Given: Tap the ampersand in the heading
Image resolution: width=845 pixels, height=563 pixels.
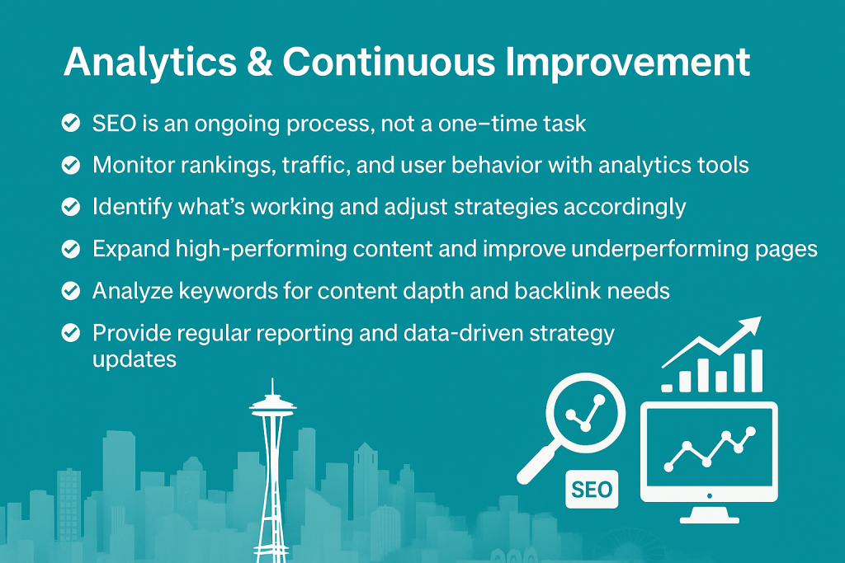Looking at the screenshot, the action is (x=260, y=61).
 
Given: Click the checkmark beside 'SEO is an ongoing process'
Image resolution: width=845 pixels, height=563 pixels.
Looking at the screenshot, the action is (x=71, y=123).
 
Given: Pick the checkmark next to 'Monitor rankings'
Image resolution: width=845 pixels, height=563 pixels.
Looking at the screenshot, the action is (x=71, y=165).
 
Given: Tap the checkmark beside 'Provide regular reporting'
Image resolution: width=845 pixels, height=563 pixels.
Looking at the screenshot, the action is (x=71, y=333).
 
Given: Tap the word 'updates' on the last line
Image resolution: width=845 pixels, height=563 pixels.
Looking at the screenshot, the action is (x=135, y=359).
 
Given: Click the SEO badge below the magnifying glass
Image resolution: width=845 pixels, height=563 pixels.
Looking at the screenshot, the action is (x=592, y=490).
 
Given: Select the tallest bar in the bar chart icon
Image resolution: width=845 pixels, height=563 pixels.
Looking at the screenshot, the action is (x=757, y=371).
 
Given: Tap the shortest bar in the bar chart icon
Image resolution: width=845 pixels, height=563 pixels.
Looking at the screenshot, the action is (x=667, y=387).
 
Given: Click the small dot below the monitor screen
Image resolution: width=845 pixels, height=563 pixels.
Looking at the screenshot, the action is (x=709, y=495).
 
